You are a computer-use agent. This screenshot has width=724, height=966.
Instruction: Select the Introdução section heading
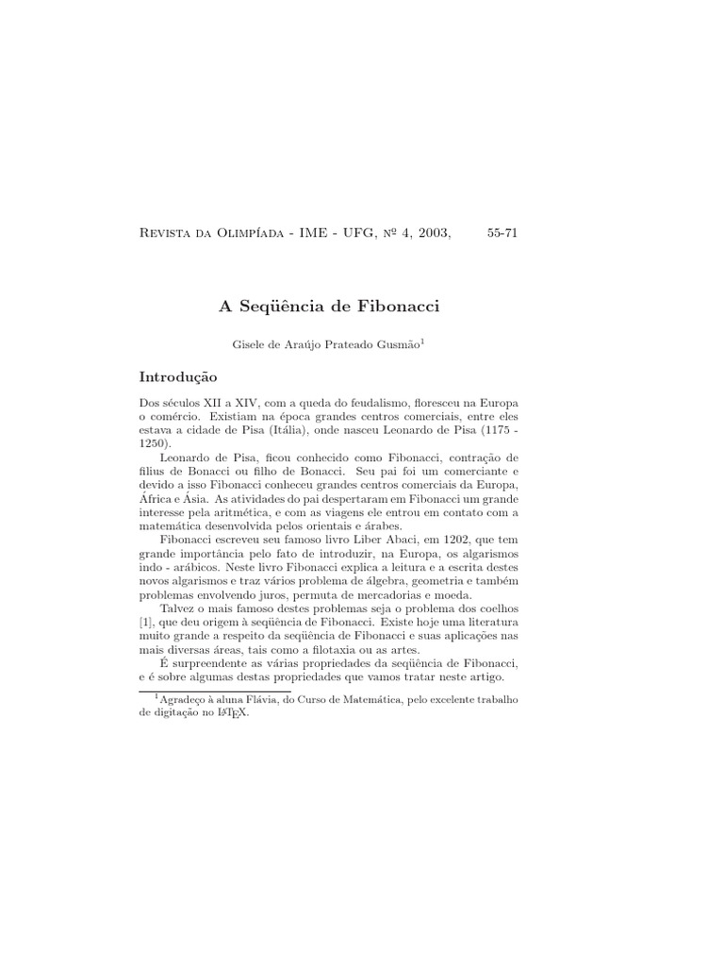click(x=177, y=376)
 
